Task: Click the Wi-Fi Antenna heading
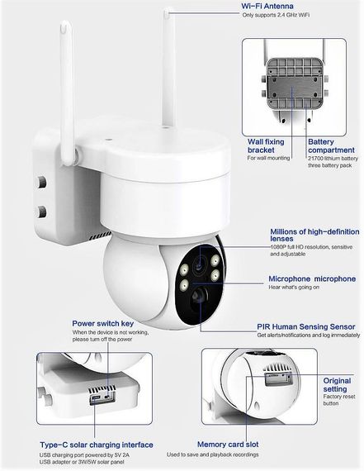(273, 6)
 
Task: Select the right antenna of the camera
(170, 58)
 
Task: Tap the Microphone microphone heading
(312, 280)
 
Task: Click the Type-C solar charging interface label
(96, 445)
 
